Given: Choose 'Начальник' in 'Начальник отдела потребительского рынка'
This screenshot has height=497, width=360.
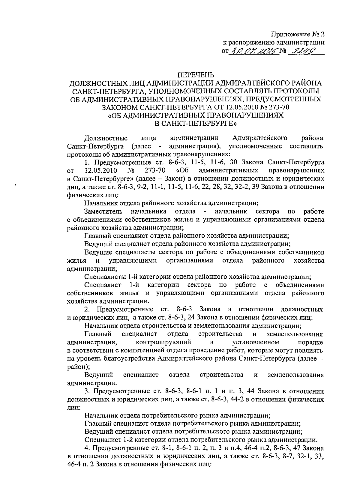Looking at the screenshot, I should (x=101, y=416).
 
